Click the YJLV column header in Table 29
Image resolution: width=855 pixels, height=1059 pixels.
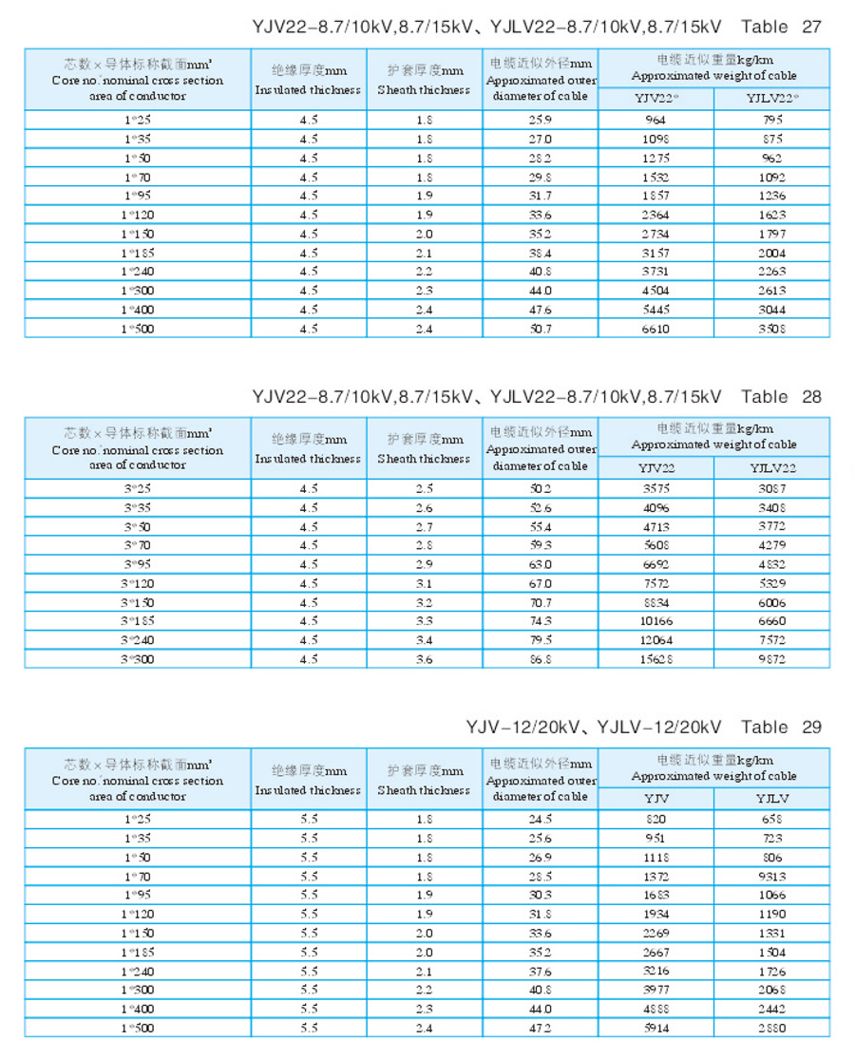(771, 799)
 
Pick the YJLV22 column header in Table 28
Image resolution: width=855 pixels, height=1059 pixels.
(772, 467)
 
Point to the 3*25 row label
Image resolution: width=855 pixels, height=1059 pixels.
(139, 488)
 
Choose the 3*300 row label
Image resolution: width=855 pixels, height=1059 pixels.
(139, 658)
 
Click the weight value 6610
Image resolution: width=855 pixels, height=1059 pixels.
(655, 329)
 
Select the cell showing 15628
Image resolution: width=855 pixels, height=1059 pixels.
(655, 658)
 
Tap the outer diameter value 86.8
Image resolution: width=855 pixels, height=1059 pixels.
(541, 658)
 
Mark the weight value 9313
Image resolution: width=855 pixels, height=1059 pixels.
(772, 877)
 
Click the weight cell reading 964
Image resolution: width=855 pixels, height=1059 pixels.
(655, 120)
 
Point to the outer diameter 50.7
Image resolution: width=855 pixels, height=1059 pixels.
(541, 329)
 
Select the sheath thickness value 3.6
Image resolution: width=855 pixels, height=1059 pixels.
(425, 658)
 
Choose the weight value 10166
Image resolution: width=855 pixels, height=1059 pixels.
(655, 620)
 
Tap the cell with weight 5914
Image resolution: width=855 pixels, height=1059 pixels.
(655, 1028)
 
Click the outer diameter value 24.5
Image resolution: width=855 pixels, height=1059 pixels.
(541, 820)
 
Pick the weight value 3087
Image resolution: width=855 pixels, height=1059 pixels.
(772, 488)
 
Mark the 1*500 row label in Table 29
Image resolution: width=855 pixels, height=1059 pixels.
(139, 1028)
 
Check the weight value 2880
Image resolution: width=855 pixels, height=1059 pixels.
(772, 1028)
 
